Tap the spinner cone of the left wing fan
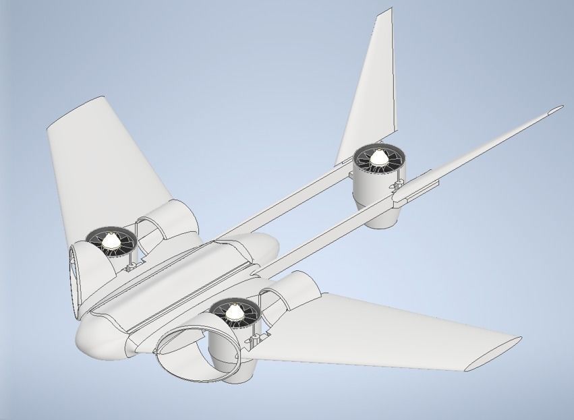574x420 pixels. click(x=110, y=239)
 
